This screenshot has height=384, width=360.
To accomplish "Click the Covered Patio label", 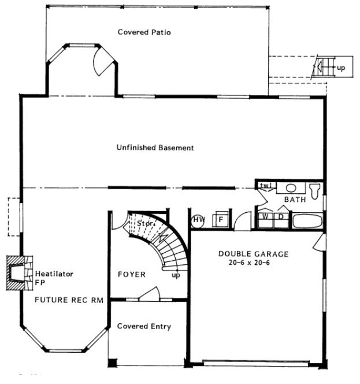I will [144, 32].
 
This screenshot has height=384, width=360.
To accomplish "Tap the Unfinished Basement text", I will [155, 148].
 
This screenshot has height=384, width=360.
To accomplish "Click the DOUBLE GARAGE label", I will [253, 253].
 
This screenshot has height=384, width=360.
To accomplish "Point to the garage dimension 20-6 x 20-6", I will [253, 263].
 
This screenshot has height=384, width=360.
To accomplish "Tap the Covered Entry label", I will [144, 327].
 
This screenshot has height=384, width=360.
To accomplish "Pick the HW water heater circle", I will [199, 220].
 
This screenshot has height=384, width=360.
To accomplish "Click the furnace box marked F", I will [220, 220].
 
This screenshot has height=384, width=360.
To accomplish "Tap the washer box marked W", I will [266, 216].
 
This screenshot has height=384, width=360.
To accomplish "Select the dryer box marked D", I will [280, 216].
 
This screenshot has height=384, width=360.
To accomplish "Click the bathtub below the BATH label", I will [307, 220].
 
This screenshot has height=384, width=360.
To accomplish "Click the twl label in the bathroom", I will [266, 186].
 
